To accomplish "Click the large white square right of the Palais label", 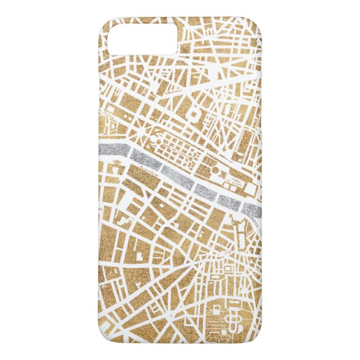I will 250,189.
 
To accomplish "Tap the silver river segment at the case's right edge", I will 253,210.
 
